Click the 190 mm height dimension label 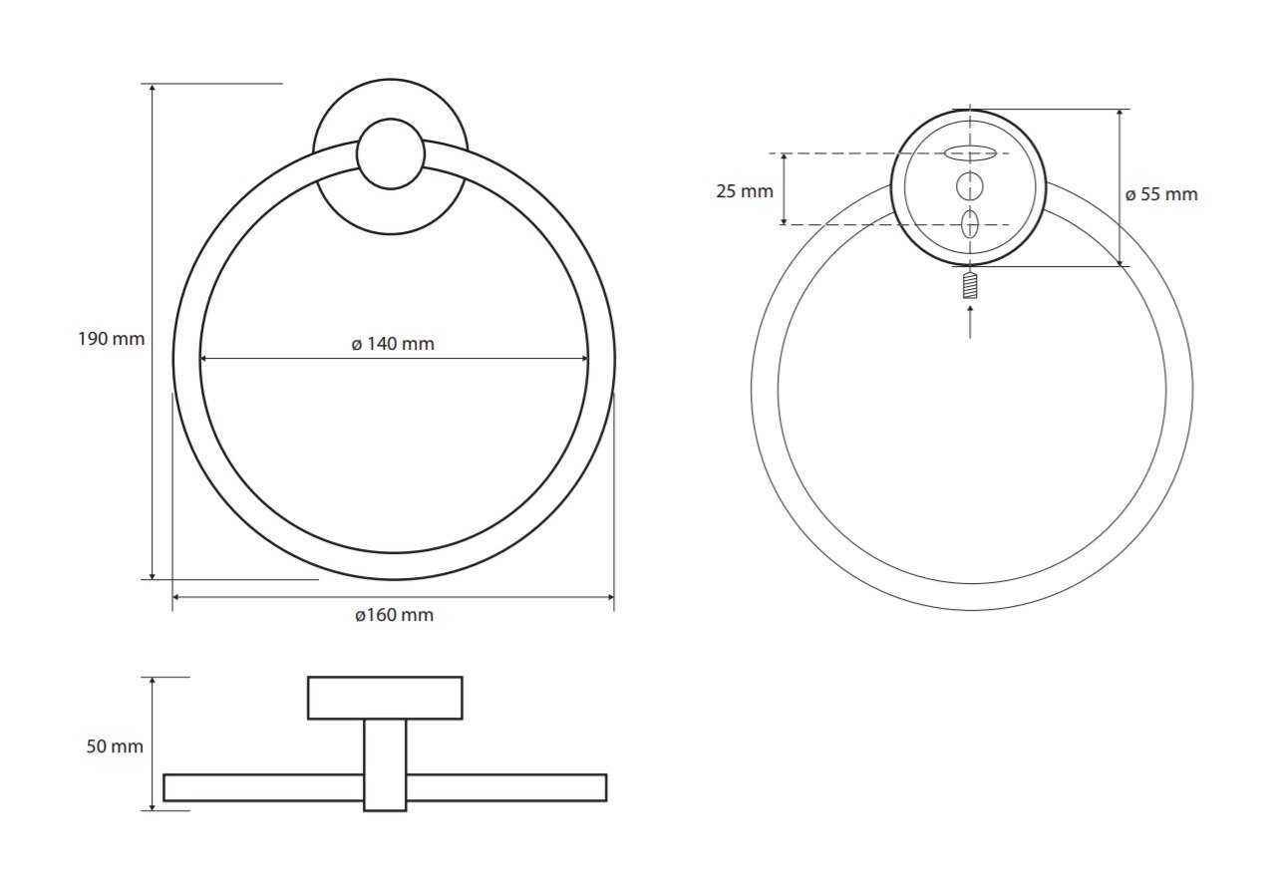[112, 339]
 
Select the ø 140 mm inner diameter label [393, 344]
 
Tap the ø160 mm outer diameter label [394, 615]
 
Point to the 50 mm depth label [115, 746]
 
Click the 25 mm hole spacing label [745, 191]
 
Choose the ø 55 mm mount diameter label [1161, 194]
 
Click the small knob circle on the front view [391, 153]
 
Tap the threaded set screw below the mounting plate [970, 285]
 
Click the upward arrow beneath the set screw [970, 322]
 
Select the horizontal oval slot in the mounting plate [970, 153]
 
